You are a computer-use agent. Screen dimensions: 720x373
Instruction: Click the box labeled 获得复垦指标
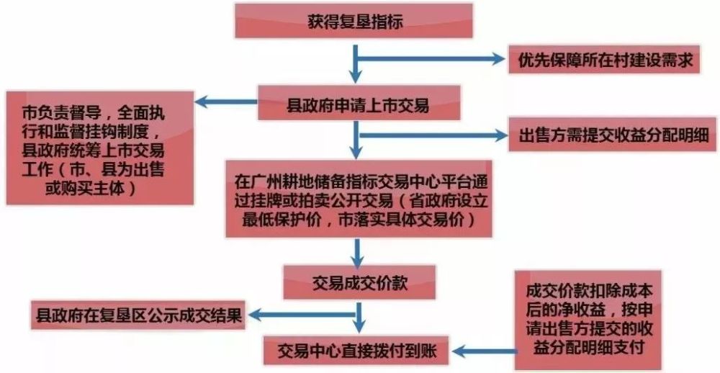point(354,21)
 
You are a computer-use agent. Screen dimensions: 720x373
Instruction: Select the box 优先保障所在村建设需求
point(604,59)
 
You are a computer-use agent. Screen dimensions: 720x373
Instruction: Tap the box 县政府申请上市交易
point(359,103)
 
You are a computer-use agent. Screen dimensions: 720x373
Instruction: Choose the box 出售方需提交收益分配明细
point(613,135)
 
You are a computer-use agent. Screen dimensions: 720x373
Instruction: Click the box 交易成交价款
point(359,282)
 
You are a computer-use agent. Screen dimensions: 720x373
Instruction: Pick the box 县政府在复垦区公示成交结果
point(138,315)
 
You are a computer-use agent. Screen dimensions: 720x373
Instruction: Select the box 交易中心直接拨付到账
point(356,351)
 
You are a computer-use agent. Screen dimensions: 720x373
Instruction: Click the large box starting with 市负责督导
point(99,148)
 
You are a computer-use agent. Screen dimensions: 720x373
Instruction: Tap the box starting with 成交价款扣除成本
point(588,320)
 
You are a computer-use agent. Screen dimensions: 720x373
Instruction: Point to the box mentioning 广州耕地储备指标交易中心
point(359,199)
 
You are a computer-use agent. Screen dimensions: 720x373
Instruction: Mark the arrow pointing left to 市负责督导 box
point(226,102)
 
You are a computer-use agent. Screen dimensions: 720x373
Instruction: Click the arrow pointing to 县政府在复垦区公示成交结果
point(302,315)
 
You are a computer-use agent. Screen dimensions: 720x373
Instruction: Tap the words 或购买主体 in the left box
point(85,188)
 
